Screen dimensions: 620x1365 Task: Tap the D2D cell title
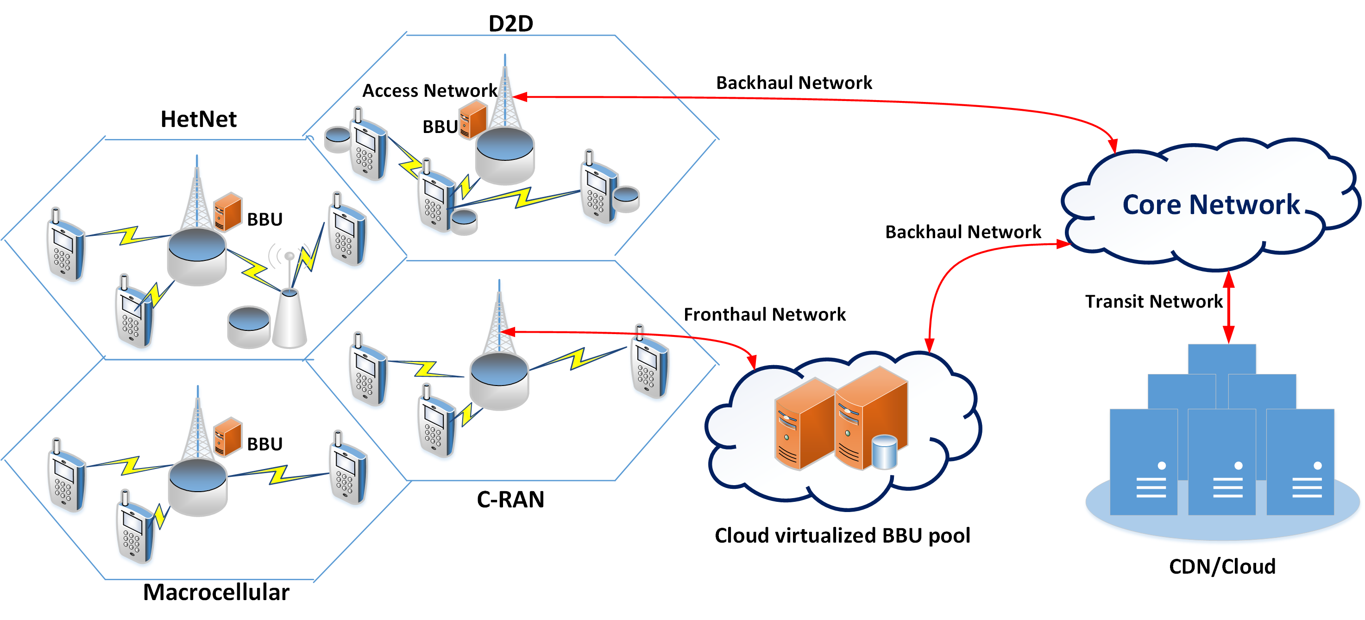click(x=510, y=23)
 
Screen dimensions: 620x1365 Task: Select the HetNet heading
click(x=198, y=119)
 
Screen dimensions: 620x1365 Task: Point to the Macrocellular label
click(x=216, y=592)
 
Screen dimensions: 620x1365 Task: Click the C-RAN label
click(x=510, y=499)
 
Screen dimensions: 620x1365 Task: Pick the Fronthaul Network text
click(x=764, y=314)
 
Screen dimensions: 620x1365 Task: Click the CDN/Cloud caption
click(x=1221, y=566)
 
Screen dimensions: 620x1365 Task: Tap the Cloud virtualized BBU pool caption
click(x=842, y=535)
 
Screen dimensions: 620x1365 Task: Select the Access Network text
click(x=429, y=91)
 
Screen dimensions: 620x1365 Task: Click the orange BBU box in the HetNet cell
click(x=228, y=211)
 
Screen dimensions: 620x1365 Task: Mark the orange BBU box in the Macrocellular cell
click(x=228, y=437)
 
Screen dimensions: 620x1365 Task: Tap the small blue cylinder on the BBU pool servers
click(x=884, y=452)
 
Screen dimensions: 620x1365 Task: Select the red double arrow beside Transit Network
click(x=1228, y=307)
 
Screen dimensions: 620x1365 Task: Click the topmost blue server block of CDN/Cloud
click(x=1221, y=359)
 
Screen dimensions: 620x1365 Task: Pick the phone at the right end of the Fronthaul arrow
click(x=649, y=363)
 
